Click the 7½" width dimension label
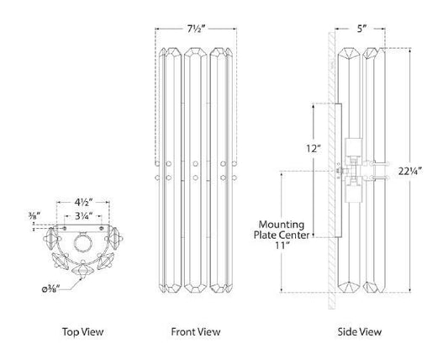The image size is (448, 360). coord(197,29)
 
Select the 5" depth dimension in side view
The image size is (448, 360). coord(361,29)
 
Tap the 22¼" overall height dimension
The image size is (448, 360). coord(409,172)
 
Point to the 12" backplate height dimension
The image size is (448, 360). coord(314,149)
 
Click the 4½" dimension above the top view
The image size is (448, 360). coord(83,203)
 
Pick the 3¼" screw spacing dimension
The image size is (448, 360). coord(83,216)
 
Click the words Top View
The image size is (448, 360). coord(83,331)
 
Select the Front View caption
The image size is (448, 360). coord(196,331)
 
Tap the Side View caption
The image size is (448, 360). coord(360,331)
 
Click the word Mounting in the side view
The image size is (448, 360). coord(281,225)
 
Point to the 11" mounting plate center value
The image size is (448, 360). coord(281,245)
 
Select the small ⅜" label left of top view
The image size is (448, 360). coord(34,214)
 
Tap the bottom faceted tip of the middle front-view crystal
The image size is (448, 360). coord(196,289)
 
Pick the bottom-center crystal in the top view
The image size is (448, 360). coord(83,270)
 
